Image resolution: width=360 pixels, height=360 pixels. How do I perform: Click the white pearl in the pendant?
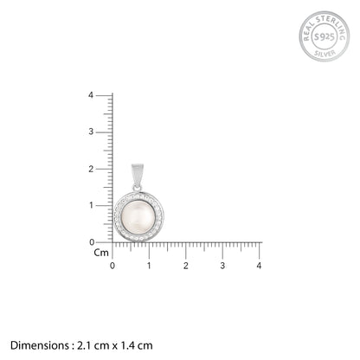click(138, 217)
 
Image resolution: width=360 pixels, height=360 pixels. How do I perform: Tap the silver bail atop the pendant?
click(138, 175)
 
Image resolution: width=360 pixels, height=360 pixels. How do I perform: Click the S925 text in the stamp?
click(325, 36)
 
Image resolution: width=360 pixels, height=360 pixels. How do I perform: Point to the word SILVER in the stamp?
click(325, 53)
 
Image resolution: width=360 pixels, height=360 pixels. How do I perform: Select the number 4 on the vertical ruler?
click(91, 95)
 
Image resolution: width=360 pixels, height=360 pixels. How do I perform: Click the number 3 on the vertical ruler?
click(91, 132)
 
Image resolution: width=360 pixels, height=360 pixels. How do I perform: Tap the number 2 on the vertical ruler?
click(91, 169)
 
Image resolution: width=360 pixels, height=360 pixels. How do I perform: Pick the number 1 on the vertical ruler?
click(91, 205)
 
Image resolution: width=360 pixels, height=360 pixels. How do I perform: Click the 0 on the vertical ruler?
click(92, 242)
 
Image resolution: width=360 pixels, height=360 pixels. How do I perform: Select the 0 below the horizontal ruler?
click(112, 266)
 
